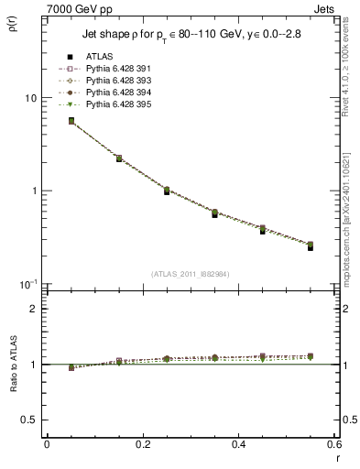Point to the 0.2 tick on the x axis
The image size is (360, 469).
tap(142, 444)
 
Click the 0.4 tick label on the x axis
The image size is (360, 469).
tap(238, 444)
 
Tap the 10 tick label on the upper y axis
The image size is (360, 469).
tap(30, 98)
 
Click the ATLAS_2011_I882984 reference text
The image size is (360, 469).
tap(190, 272)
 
